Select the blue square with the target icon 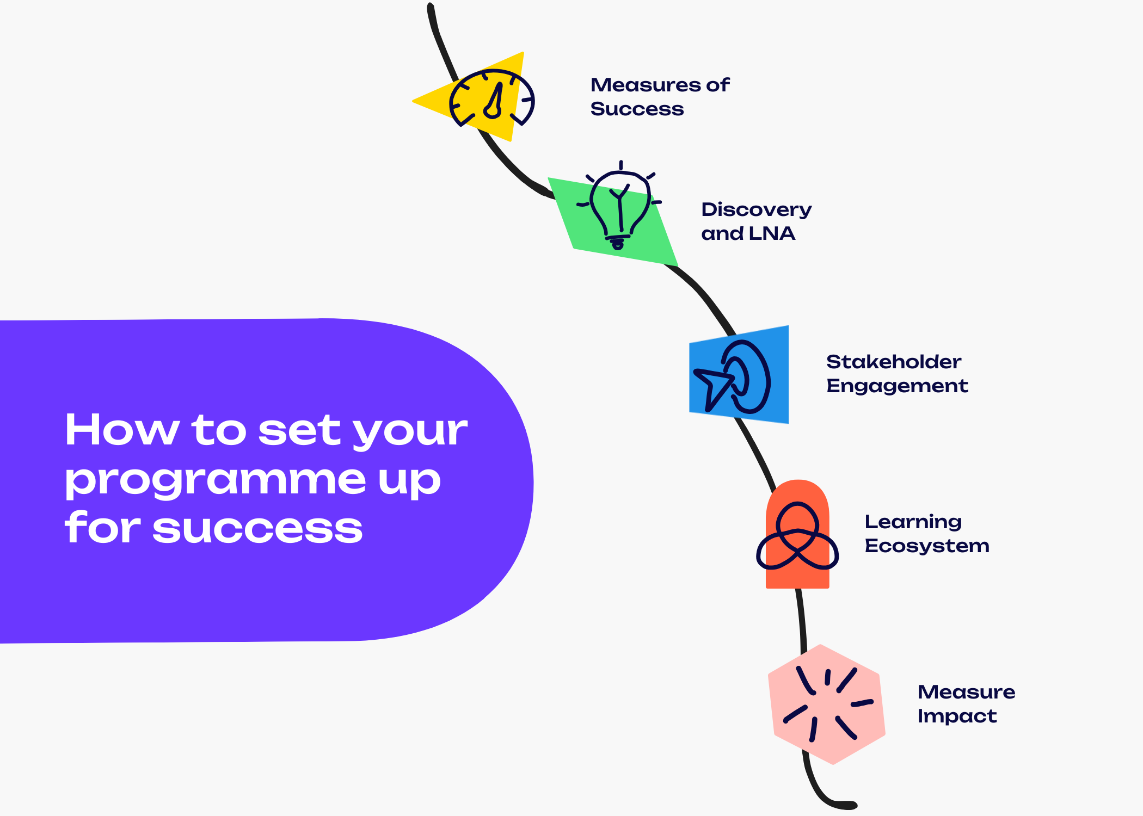(x=739, y=375)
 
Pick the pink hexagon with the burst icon (x=826, y=704)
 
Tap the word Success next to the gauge (x=637, y=109)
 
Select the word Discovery (x=756, y=210)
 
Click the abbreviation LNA (x=772, y=233)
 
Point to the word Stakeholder (x=893, y=362)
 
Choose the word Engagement (x=897, y=386)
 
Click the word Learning (x=913, y=522)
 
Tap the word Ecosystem (x=926, y=546)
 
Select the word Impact (x=956, y=716)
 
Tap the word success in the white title (x=257, y=529)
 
